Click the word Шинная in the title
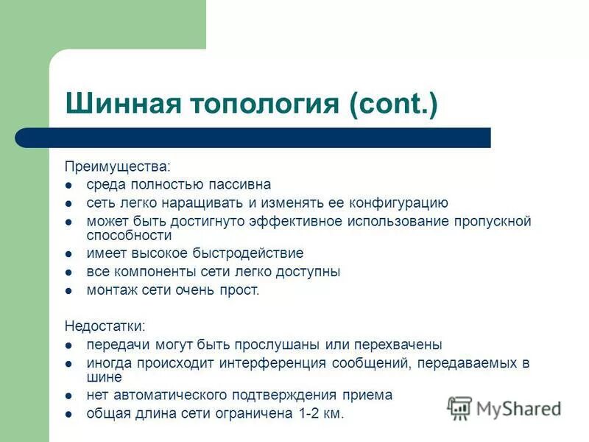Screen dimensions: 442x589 pyautogui.click(x=118, y=103)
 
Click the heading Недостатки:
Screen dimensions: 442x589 pyautogui.click(x=105, y=325)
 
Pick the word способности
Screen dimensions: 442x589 pyautogui.click(x=129, y=236)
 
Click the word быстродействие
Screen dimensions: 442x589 pyautogui.click(x=248, y=253)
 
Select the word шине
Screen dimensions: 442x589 pyautogui.click(x=102, y=376)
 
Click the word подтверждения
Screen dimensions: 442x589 pyautogui.click(x=286, y=395)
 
